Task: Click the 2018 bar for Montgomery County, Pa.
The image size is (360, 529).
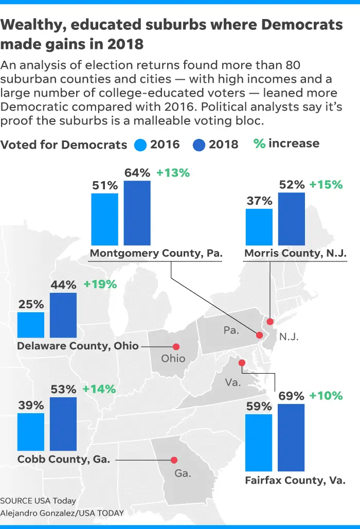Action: (137, 213)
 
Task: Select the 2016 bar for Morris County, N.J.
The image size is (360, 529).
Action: (259, 227)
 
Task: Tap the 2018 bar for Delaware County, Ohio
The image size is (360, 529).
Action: (63, 315)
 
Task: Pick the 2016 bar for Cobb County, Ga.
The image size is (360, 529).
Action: (31, 432)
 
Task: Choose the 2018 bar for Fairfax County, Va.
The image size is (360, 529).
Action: (291, 437)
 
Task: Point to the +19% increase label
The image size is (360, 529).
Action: (100, 284)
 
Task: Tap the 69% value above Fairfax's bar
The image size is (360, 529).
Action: (291, 396)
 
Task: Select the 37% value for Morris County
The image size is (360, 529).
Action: (259, 201)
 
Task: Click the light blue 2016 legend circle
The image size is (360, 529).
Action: (140, 144)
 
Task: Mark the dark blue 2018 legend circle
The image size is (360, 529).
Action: (199, 144)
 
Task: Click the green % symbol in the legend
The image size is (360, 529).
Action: (259, 144)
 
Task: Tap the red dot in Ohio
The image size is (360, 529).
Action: (176, 347)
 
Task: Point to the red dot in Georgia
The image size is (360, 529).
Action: (174, 460)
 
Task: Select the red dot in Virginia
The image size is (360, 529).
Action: (242, 363)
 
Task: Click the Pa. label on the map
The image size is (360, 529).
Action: (231, 330)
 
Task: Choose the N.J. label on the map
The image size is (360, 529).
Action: (289, 337)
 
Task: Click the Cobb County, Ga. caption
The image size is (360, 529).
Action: (64, 459)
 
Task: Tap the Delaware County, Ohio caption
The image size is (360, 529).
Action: (78, 346)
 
